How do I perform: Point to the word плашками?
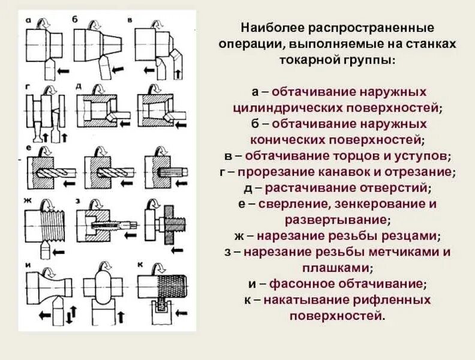click(x=338, y=267)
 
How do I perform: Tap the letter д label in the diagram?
click(x=79, y=86)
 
